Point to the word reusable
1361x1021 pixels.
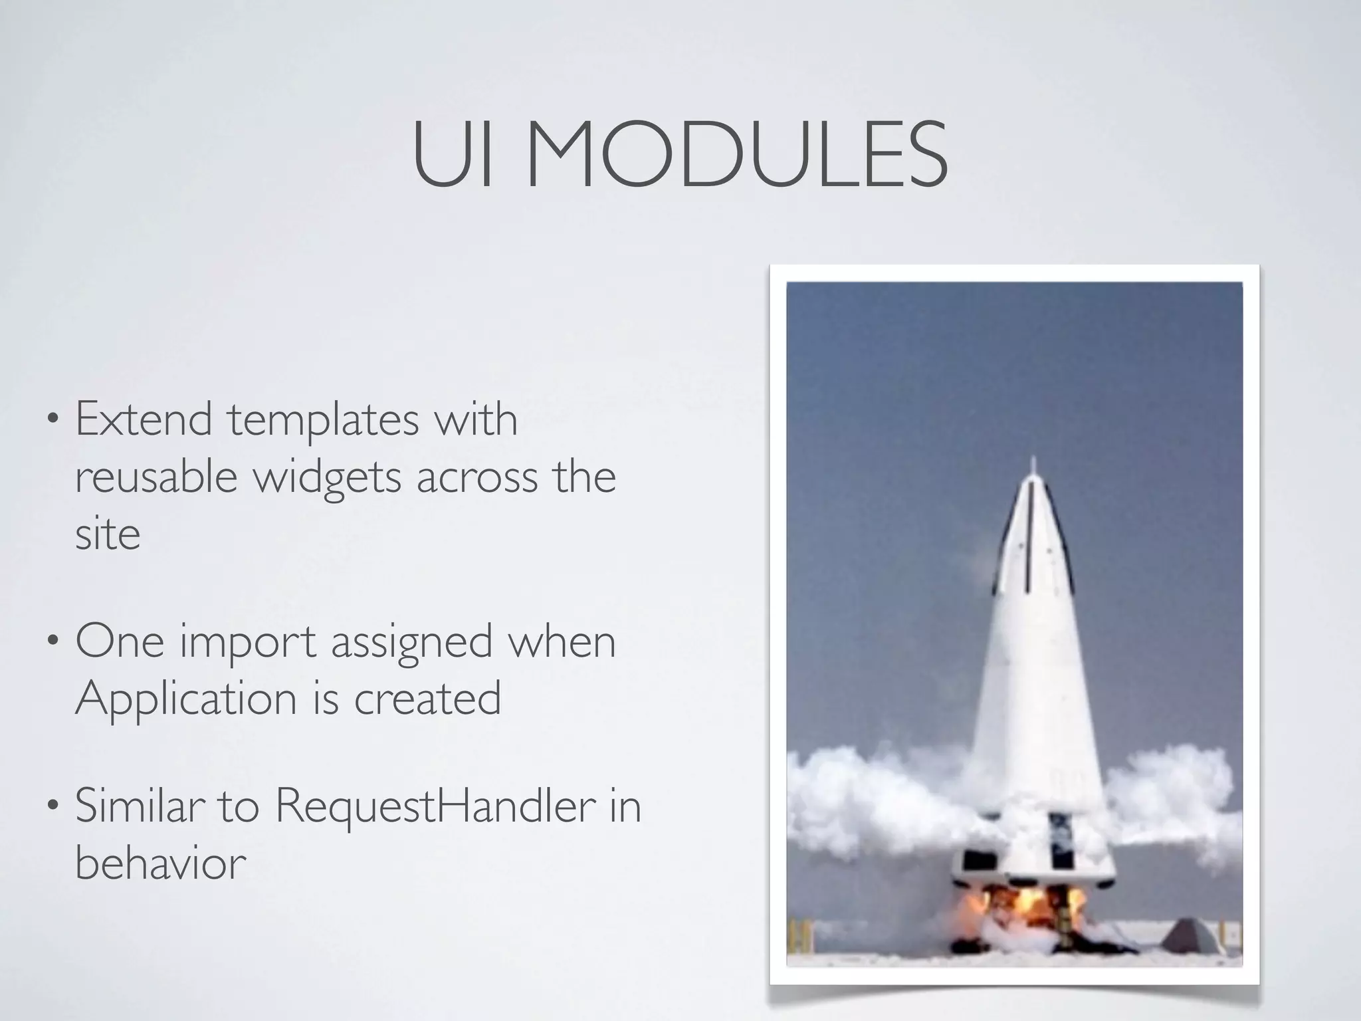(156, 477)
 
